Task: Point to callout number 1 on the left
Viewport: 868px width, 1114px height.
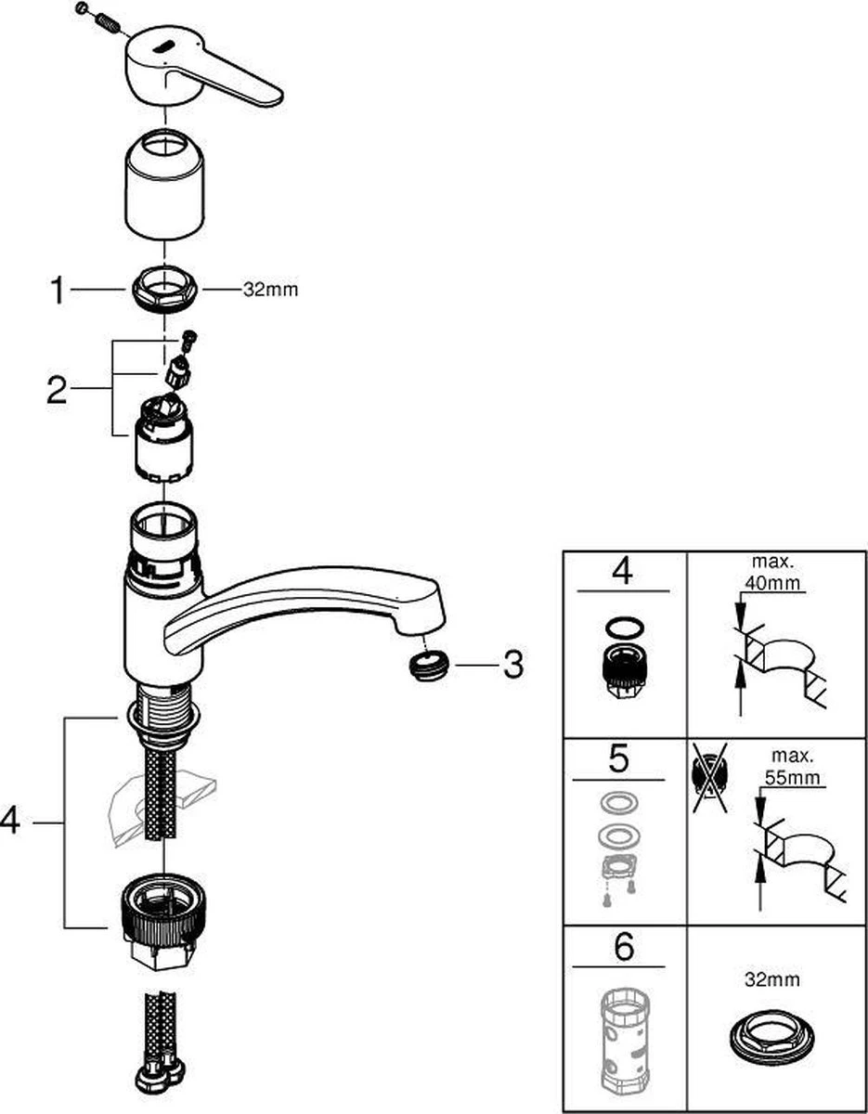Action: coord(58,291)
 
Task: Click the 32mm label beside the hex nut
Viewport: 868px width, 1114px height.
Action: coord(270,291)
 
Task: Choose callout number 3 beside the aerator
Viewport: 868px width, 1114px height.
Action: coord(512,664)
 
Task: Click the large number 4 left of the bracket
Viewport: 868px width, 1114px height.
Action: coord(11,823)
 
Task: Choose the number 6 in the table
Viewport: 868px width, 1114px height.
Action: coord(623,948)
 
